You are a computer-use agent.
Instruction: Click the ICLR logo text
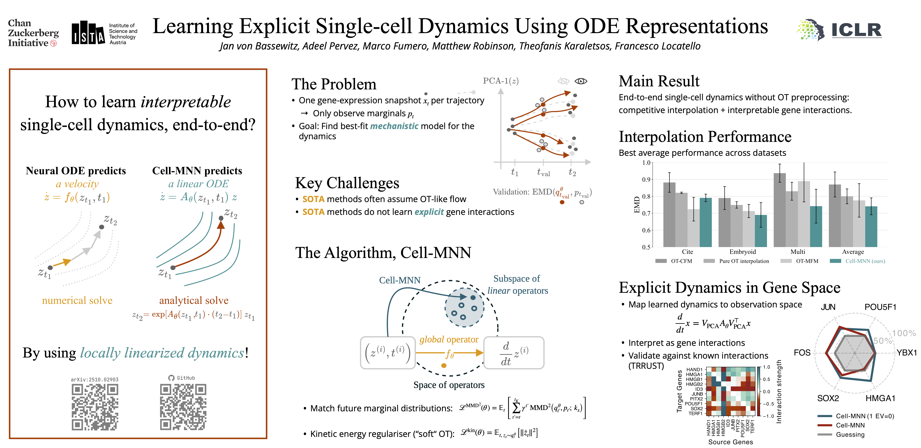856,30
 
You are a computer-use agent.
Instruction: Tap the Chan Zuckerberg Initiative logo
33,33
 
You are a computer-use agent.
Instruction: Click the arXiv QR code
95,407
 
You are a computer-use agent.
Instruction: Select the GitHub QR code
183,407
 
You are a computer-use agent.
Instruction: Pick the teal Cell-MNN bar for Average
871,226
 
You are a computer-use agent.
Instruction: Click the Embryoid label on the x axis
743,252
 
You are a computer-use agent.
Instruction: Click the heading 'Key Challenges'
347,183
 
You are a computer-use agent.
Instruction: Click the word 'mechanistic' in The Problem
394,126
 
